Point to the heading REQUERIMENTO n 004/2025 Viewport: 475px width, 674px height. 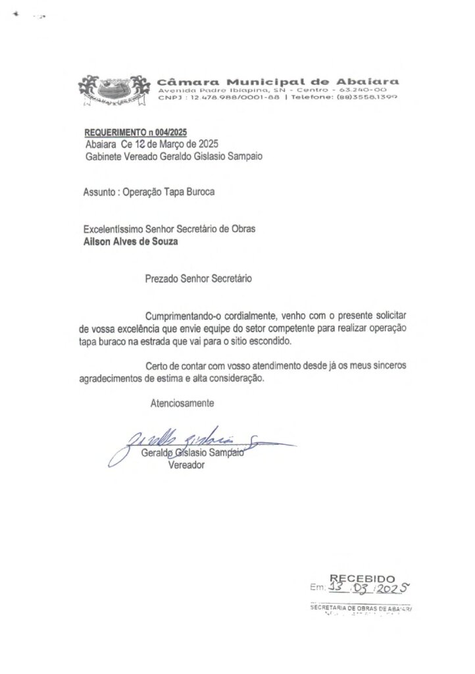point(132,133)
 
